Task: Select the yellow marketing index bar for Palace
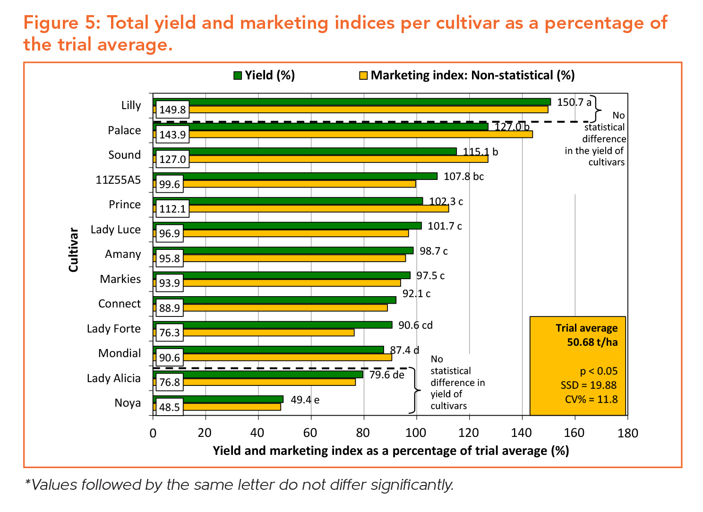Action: (359, 134)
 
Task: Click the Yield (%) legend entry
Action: (264, 75)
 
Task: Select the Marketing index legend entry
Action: (467, 75)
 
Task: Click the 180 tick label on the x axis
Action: (627, 433)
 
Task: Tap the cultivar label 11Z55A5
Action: (118, 180)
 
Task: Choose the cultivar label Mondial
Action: (120, 353)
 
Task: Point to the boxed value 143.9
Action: (172, 135)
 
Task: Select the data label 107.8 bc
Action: (463, 177)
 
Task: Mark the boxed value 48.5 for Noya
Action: (170, 407)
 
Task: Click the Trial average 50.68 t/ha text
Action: (586, 335)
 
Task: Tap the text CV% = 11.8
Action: (591, 400)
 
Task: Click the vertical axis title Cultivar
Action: (73, 250)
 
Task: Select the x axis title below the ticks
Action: (391, 451)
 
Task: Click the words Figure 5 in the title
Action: (61, 23)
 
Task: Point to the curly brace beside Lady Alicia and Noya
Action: (415, 390)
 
